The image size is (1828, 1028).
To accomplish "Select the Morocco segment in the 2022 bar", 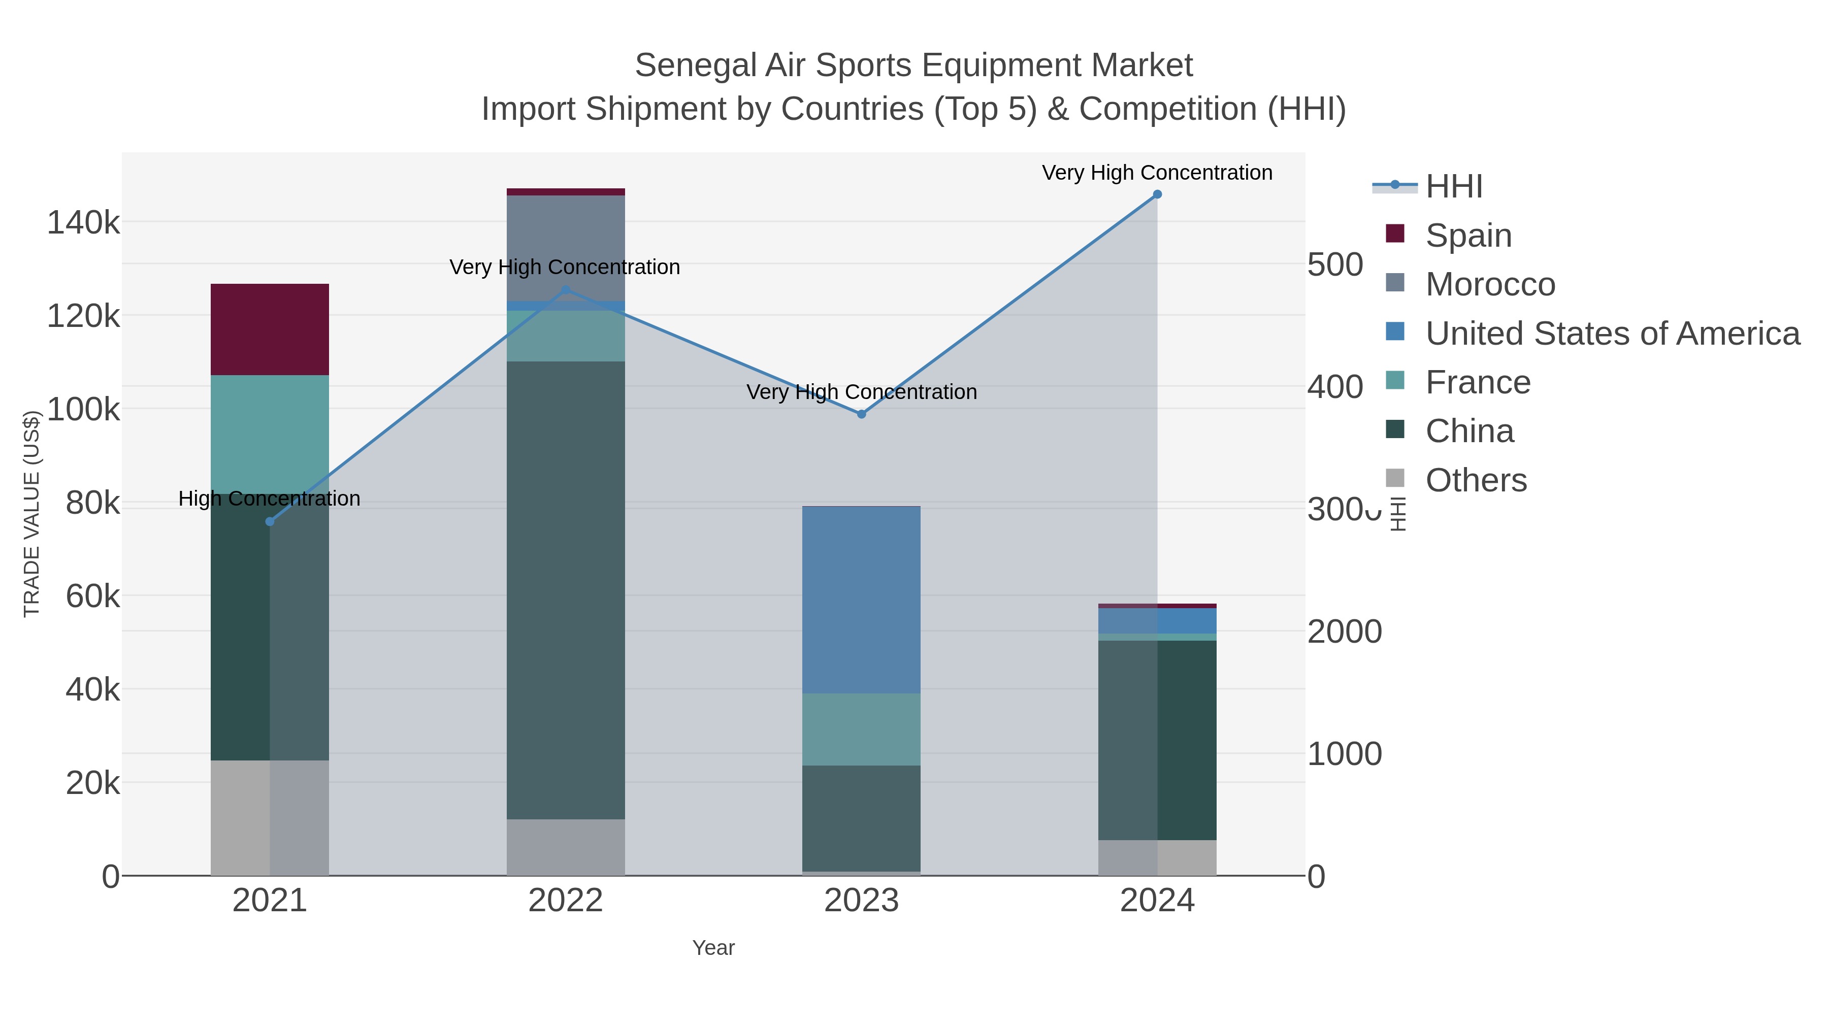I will (566, 248).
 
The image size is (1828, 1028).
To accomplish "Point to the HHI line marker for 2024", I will (1157, 194).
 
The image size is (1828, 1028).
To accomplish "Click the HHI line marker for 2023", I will (862, 414).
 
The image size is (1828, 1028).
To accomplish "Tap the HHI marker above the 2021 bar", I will (270, 521).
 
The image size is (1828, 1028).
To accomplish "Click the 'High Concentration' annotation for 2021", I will (270, 499).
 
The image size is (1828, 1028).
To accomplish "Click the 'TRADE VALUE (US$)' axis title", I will (32, 514).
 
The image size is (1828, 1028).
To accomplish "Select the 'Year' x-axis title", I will (713, 948).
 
